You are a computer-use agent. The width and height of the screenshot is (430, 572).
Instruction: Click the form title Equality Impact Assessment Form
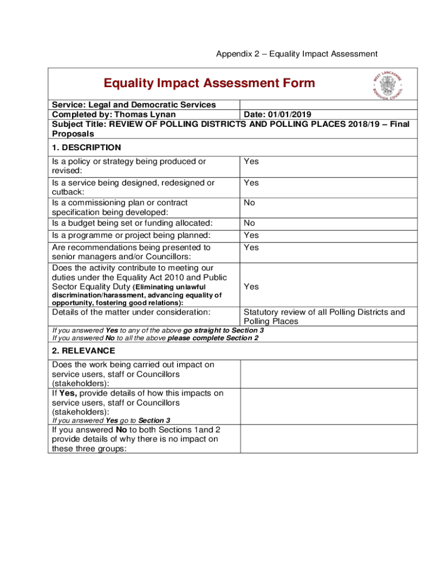209,83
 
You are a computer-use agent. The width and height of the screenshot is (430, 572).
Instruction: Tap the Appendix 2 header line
297,54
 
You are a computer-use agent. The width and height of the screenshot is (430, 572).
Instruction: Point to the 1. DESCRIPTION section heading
86,147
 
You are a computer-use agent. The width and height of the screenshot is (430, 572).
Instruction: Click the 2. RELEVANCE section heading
84,351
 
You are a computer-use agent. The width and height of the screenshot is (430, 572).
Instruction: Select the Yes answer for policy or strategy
251,161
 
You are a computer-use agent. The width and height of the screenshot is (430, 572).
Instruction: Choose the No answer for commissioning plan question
249,203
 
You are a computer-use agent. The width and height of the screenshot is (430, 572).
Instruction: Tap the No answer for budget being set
249,223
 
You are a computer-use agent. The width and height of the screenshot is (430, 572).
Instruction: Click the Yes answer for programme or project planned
251,235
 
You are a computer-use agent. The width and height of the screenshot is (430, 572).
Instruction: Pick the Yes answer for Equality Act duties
251,287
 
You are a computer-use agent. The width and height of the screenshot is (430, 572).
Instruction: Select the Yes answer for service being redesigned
251,183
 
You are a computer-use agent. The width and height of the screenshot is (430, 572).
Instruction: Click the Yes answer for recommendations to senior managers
251,247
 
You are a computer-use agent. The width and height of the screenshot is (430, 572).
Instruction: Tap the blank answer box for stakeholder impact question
328,374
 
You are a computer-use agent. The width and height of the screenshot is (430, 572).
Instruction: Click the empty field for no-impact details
328,439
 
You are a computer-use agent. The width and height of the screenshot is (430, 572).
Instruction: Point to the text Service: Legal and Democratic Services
134,104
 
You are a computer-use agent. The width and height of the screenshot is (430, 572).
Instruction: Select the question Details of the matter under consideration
131,312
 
